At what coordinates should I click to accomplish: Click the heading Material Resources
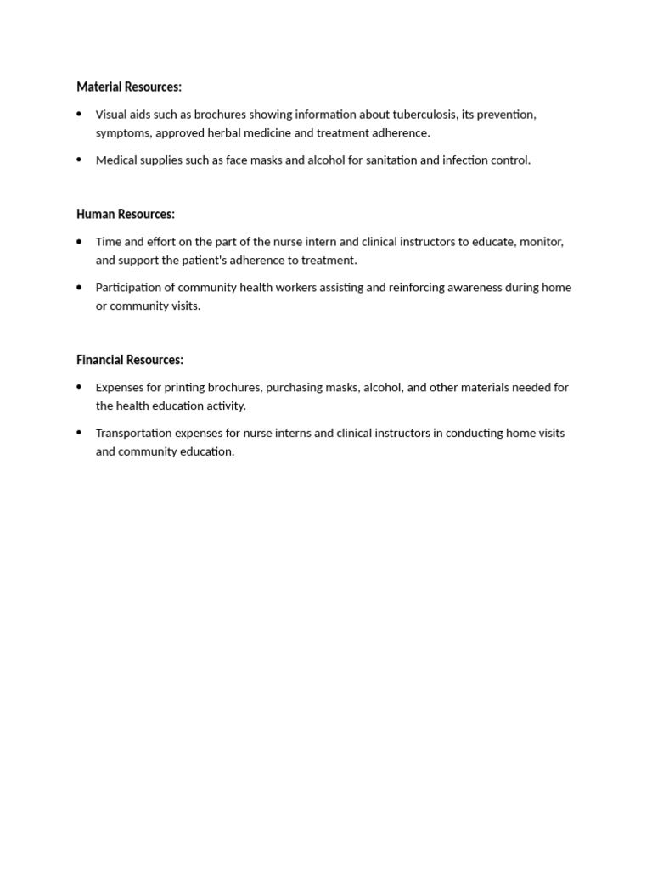[x=129, y=87]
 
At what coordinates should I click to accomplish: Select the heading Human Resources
[x=126, y=214]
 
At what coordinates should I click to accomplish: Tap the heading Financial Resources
[x=130, y=360]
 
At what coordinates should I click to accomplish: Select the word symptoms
[x=123, y=133]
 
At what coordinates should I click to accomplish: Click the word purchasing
[x=298, y=388]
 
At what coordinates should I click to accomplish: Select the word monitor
[x=541, y=242]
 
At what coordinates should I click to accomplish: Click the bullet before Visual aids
[x=80, y=114]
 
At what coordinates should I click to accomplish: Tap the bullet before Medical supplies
[x=80, y=160]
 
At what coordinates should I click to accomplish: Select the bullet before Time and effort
[x=80, y=241]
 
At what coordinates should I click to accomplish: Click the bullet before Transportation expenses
[x=80, y=432]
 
